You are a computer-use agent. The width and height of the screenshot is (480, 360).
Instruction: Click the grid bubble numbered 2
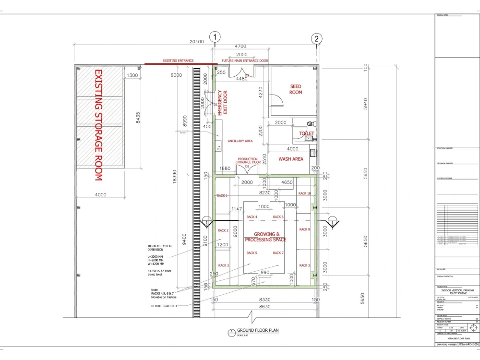316,39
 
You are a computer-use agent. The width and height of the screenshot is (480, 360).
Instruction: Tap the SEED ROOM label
296,90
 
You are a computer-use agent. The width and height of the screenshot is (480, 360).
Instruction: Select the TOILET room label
306,133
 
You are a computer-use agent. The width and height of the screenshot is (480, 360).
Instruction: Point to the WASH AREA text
291,159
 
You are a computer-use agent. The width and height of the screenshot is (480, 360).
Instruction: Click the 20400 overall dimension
197,42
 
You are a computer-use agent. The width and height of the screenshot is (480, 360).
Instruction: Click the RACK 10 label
304,193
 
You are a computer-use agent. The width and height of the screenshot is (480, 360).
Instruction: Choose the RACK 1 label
222,196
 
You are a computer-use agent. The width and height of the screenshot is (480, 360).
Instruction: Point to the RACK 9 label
304,229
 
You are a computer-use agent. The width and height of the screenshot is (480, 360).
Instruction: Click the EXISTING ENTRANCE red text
178,61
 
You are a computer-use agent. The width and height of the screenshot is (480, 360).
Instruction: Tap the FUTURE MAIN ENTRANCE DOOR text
244,61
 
